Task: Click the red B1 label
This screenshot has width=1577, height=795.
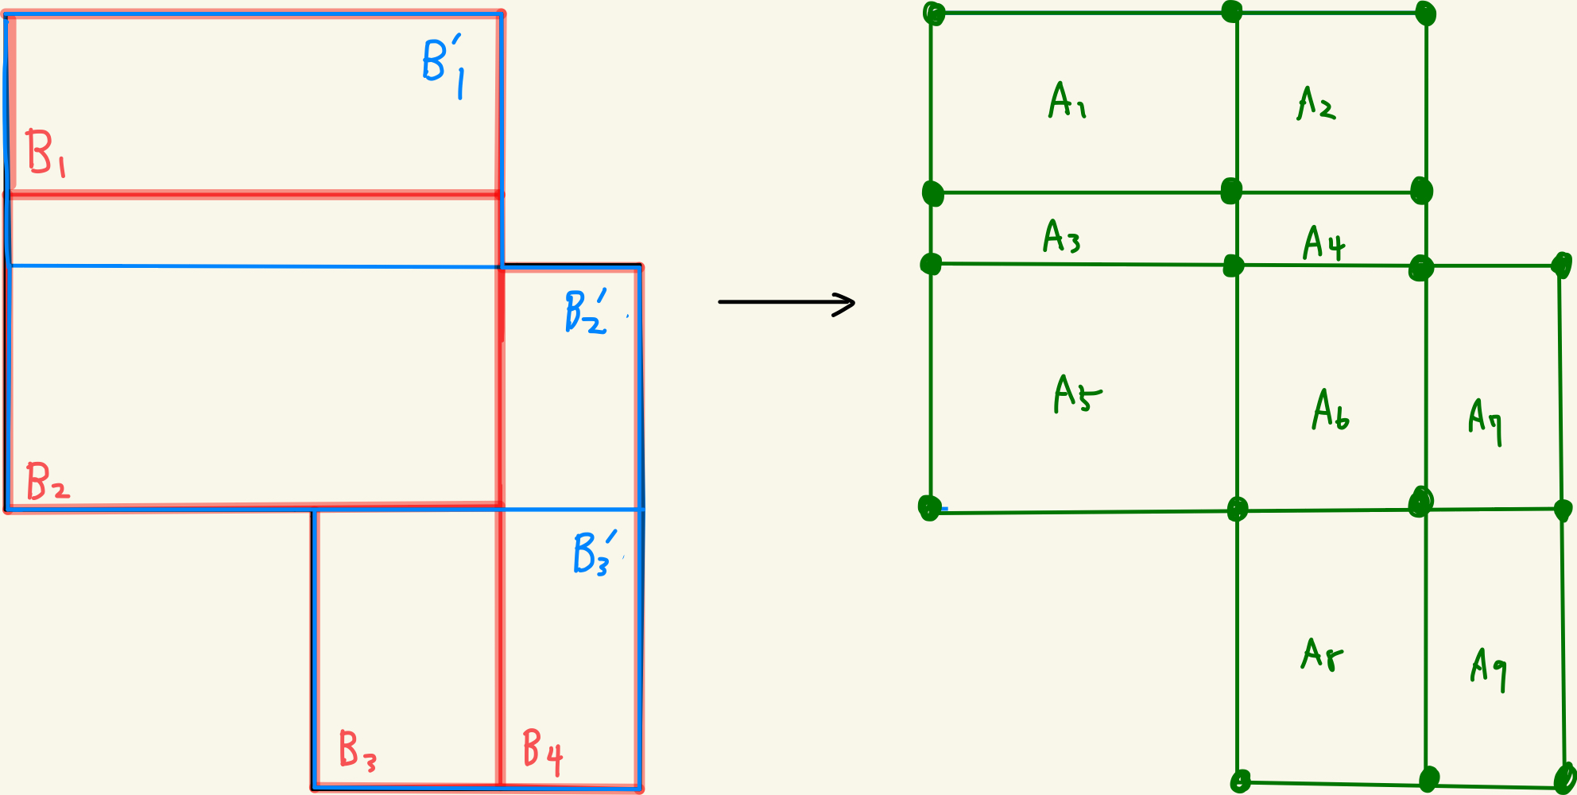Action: coord(45,153)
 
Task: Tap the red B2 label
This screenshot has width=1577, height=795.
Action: coord(47,482)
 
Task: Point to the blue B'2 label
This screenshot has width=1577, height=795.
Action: coord(585,312)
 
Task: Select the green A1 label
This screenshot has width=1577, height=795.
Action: coord(1067,101)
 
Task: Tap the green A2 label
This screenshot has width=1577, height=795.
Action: coord(1316,103)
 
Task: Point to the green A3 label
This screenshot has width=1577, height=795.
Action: coord(1061,236)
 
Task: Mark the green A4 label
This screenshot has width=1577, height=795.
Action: coord(1323,243)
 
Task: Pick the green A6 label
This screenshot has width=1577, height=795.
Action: coord(1330,410)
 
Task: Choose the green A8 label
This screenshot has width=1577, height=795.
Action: coord(1321,655)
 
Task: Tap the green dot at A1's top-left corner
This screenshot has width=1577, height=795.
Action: coord(934,14)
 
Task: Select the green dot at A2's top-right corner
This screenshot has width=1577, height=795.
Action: coord(1425,14)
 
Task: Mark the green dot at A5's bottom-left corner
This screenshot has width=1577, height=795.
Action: coord(928,507)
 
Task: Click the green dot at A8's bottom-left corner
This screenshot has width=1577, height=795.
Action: coord(1239,781)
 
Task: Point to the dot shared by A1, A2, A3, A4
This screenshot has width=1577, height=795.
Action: coord(1231,191)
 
